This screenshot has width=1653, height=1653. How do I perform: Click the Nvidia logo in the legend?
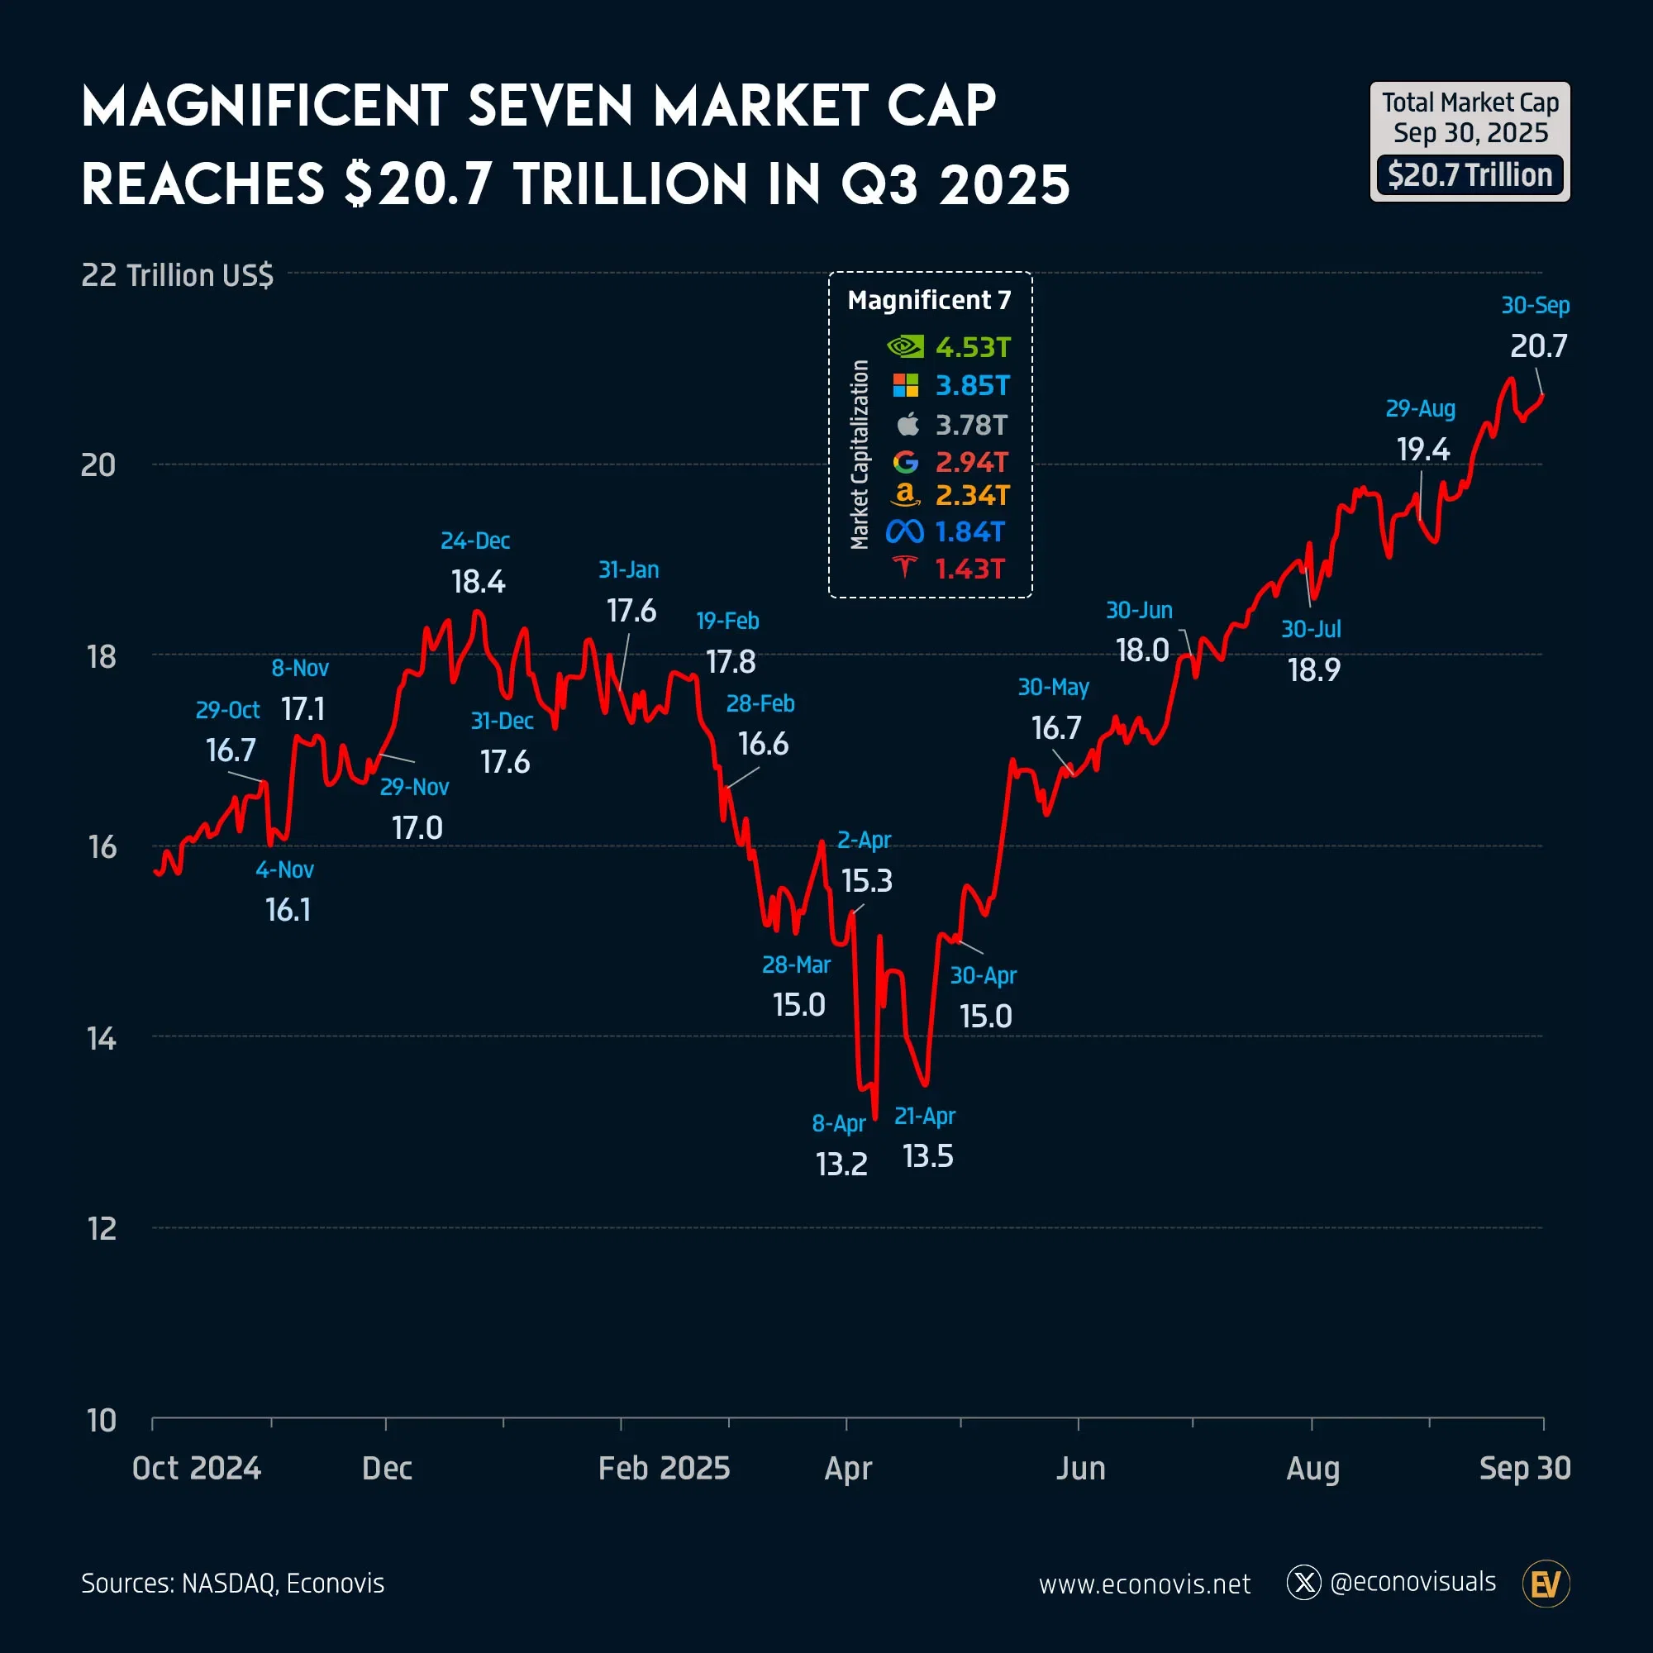click(905, 346)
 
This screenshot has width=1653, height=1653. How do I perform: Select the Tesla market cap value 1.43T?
click(969, 569)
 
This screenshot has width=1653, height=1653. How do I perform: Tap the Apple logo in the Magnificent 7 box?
click(907, 423)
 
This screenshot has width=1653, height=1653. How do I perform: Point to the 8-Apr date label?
click(838, 1122)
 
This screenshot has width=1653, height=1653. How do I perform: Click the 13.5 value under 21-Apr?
click(927, 1157)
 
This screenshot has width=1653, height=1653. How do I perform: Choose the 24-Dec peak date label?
click(475, 541)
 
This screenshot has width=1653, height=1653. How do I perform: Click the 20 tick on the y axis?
click(98, 465)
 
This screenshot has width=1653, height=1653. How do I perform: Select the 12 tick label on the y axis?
click(102, 1230)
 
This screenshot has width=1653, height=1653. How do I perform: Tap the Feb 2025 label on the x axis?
click(664, 1468)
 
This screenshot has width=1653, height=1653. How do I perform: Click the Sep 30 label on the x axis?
click(1525, 1468)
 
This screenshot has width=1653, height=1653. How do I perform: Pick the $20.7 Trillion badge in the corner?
click(1470, 175)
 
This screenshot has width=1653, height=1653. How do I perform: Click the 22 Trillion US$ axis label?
click(177, 275)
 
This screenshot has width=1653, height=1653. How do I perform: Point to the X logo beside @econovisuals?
click(1304, 1583)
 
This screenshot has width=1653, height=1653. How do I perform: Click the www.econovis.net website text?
click(1144, 1584)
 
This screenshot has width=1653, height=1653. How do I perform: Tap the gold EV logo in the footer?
click(1546, 1584)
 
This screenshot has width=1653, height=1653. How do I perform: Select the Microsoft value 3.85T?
click(973, 386)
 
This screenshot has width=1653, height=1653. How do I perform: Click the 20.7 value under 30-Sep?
click(1538, 346)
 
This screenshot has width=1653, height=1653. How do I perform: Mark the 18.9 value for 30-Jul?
click(1314, 670)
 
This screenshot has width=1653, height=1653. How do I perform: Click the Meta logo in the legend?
click(904, 532)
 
